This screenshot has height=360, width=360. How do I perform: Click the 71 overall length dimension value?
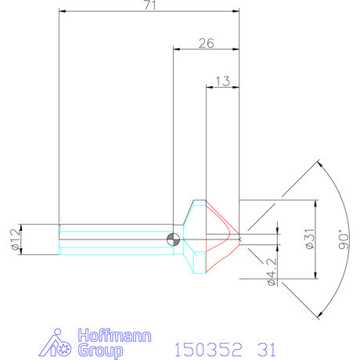click(148, 6)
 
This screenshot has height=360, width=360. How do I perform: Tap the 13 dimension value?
click(221, 81)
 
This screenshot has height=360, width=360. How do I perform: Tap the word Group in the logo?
click(101, 351)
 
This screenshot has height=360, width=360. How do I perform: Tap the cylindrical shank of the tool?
click(117, 239)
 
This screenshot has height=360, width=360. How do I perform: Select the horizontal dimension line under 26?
click(205, 50)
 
